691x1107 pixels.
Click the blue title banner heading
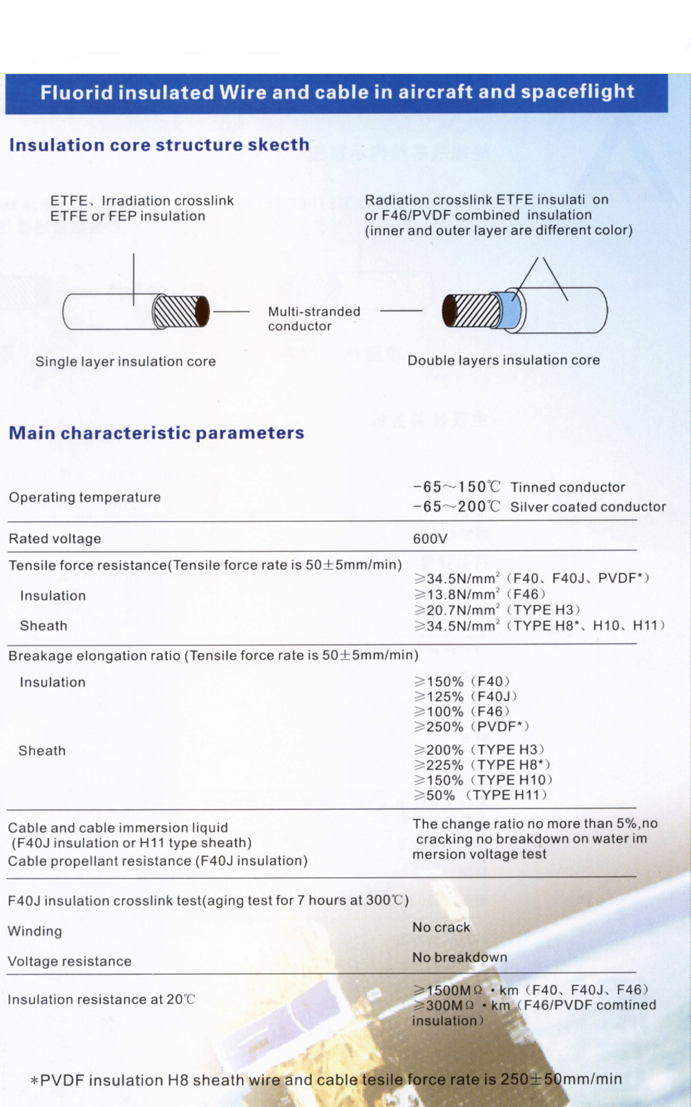pos(337,92)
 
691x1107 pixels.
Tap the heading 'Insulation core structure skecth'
pos(159,145)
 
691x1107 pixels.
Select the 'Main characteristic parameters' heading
pos(156,433)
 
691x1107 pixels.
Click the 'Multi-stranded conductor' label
pos(314,319)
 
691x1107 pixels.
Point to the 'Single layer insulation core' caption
pos(125,361)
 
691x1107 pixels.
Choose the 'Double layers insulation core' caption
pos(503,360)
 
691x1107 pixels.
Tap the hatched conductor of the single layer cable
pos(177,312)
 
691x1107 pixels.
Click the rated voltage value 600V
pos(430,539)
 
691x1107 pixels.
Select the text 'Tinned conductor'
pos(567,487)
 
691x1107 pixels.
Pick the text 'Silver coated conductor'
pos(588,507)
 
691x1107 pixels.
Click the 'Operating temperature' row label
pos(84,498)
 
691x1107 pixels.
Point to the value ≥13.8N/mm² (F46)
pos(480,594)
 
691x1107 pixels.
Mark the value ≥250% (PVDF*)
pos(471,727)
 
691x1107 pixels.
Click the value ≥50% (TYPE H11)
pos(480,795)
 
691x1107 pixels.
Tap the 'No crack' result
pos(441,927)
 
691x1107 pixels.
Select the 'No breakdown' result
pos(460,958)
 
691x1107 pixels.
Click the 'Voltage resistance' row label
pos(69,962)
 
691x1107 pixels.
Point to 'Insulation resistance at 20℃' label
pos(101,1000)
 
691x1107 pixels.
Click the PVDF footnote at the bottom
pos(326,1080)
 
